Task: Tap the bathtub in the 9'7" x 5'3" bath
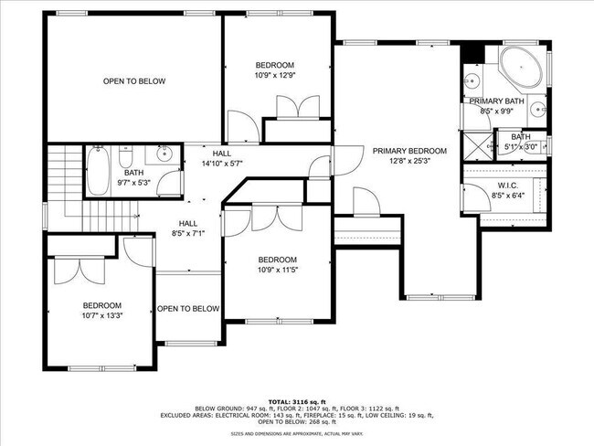pyautogui.click(x=99, y=171)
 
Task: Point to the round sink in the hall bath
pyautogui.click(x=164, y=154)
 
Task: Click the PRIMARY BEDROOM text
pyautogui.click(x=408, y=151)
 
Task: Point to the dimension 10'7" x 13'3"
pyautogui.click(x=102, y=315)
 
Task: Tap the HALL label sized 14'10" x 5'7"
pyautogui.click(x=222, y=164)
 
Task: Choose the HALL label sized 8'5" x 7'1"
pyautogui.click(x=188, y=234)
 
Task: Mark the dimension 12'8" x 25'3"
pyautogui.click(x=408, y=162)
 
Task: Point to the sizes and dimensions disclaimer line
pyautogui.click(x=296, y=434)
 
